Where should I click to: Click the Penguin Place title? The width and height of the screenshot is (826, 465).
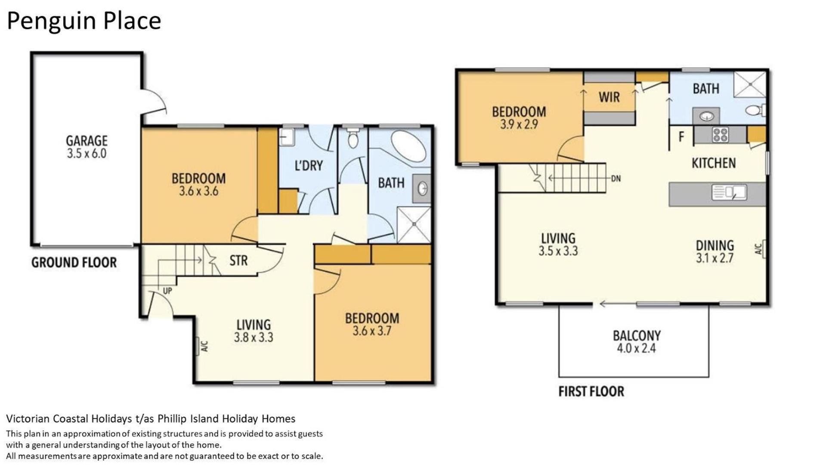point(84,21)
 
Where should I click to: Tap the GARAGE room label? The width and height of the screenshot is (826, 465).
point(87,141)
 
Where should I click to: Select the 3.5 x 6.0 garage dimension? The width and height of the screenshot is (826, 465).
point(87,154)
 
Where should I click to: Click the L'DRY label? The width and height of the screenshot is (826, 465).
point(309,166)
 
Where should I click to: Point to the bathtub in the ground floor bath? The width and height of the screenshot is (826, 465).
point(408,147)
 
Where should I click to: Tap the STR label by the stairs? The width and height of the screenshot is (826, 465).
point(238,260)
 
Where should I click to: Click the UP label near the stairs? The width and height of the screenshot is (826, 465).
point(167,291)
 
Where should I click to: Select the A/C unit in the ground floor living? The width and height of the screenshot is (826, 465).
point(198,346)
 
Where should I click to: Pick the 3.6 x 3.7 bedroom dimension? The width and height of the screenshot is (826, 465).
point(372,331)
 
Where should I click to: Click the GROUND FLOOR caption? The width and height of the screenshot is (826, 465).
point(74,263)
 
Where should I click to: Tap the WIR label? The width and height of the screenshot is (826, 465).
point(609,97)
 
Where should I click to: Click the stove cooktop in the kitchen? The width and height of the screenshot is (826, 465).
point(720,135)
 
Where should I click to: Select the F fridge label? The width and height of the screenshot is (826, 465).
point(681,137)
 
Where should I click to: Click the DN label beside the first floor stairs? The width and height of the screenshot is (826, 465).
point(616,178)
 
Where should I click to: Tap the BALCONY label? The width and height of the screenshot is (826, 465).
point(637,335)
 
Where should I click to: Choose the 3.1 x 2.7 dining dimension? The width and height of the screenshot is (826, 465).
point(715,258)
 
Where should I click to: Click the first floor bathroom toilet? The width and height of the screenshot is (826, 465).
point(755,110)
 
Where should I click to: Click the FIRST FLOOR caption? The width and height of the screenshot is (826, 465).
point(591,391)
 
